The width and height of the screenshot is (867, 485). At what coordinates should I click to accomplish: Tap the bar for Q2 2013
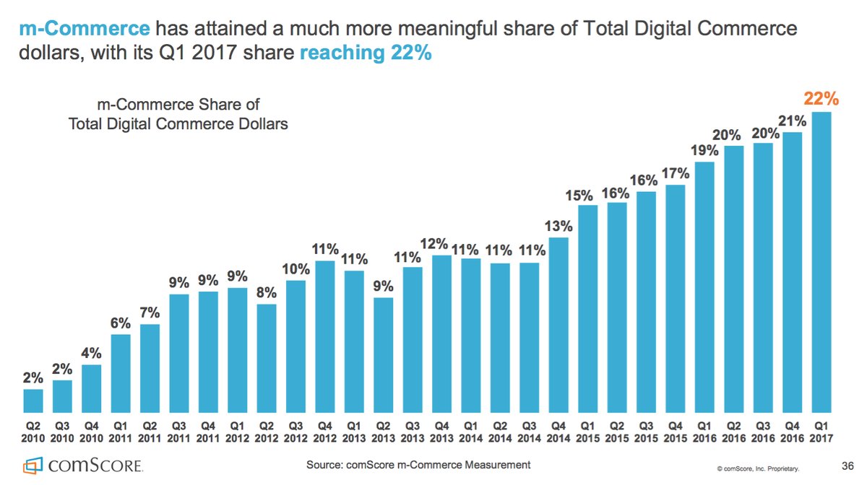coord(384,354)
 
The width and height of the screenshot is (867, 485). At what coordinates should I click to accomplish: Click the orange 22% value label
coord(821,99)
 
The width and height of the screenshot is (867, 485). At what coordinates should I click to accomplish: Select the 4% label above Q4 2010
coord(92,354)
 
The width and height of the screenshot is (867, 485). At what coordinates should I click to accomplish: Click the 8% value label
coord(267,293)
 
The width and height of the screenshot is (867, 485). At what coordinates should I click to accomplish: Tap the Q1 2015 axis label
coord(588,432)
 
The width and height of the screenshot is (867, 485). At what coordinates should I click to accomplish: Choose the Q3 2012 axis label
coord(296,432)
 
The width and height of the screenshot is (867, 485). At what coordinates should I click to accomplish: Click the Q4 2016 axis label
coord(793,432)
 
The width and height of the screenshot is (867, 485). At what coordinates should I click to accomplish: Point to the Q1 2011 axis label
coord(121,432)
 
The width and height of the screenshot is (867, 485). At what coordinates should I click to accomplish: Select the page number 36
coord(848,464)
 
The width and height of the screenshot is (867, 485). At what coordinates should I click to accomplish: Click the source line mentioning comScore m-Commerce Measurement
coord(413,465)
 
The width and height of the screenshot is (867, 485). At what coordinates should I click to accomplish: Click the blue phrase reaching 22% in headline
coord(365,53)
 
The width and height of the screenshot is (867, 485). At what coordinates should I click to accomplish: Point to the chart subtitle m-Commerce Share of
coord(178,105)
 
